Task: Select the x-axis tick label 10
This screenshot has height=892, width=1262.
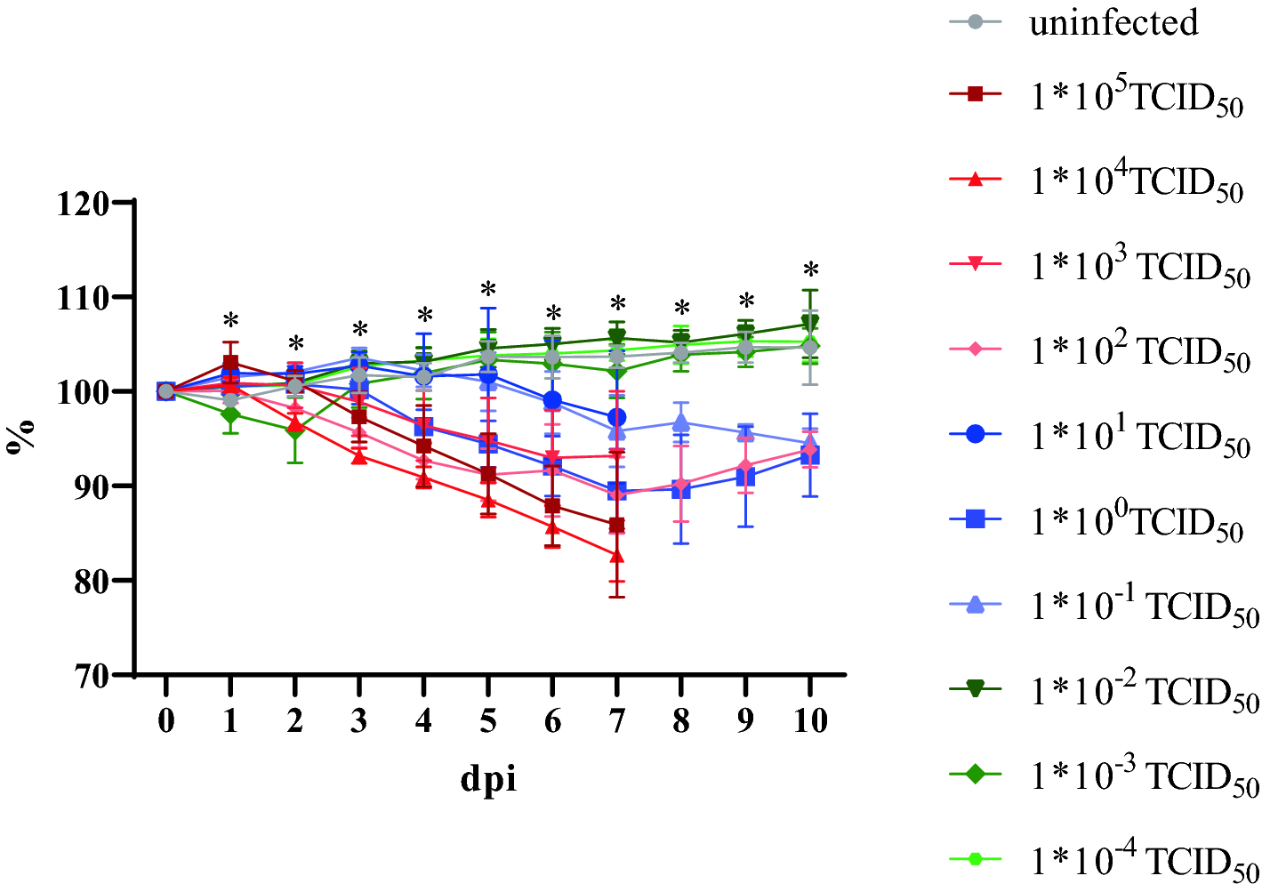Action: tap(809, 720)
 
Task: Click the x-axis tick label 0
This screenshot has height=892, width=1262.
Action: tap(165, 720)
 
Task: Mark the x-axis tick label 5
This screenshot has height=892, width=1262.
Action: tap(487, 720)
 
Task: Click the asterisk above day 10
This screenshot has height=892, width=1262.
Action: tap(810, 270)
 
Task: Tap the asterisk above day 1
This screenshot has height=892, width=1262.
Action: tap(230, 321)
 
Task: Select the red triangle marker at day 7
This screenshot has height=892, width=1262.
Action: tap(616, 556)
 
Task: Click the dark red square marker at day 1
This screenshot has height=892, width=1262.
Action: tap(230, 363)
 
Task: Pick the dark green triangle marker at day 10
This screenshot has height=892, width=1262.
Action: tap(809, 323)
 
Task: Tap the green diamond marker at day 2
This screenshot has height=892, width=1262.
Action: tap(295, 431)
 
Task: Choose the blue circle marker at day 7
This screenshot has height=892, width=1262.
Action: tap(616, 417)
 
